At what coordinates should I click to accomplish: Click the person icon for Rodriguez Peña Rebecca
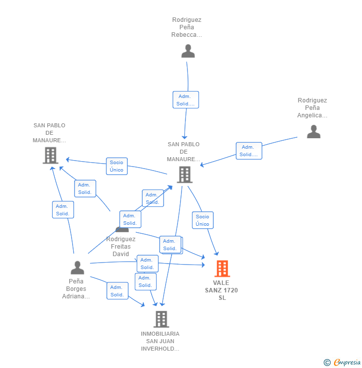click(x=188, y=51)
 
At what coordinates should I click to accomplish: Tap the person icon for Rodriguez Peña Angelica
click(x=313, y=131)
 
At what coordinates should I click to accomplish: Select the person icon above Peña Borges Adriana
click(x=77, y=268)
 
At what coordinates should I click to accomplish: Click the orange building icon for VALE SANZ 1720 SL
click(x=222, y=269)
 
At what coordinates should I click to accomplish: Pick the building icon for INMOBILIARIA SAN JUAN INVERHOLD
click(x=161, y=319)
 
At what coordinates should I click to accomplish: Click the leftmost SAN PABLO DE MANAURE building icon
click(x=50, y=155)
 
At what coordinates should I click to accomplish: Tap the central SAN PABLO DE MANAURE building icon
click(x=184, y=174)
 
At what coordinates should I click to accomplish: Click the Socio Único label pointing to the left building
click(x=116, y=166)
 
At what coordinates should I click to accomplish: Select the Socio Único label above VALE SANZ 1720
click(x=202, y=220)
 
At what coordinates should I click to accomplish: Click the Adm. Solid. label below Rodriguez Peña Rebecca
click(x=185, y=100)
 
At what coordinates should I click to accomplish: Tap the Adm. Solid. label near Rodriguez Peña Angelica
click(x=248, y=151)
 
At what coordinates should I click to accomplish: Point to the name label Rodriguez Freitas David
click(x=121, y=247)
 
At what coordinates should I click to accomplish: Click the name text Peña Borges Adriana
click(x=76, y=289)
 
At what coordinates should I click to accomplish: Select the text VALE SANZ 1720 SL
click(x=221, y=290)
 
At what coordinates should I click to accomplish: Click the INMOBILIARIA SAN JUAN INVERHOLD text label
click(x=160, y=341)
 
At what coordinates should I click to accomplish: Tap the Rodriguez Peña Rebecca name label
click(x=186, y=27)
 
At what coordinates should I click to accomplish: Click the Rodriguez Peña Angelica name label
click(x=312, y=108)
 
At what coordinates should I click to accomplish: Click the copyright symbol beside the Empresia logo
click(x=327, y=363)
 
